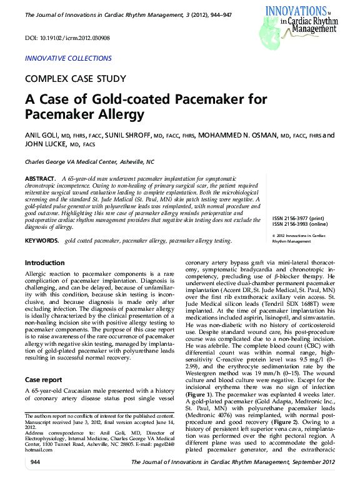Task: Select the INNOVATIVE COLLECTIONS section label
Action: pyautogui.click(x=68, y=59)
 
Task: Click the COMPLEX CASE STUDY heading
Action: pyautogui.click(x=76, y=79)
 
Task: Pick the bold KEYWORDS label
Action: pyautogui.click(x=42, y=241)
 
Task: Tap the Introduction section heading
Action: pyautogui.click(x=44, y=263)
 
